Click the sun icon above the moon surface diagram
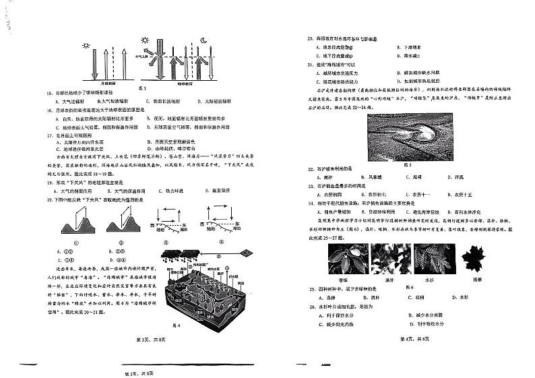[86, 46]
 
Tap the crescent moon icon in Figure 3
[203, 42]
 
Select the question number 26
[309, 306]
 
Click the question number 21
[309, 65]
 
